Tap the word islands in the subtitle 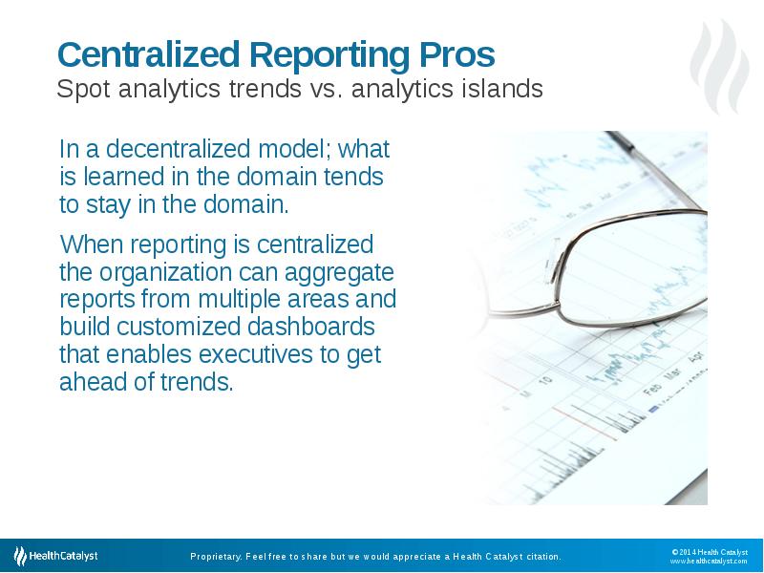(x=499, y=90)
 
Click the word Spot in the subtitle (x=78, y=90)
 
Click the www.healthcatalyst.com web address (x=708, y=562)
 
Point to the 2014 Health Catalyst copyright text (x=709, y=551)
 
